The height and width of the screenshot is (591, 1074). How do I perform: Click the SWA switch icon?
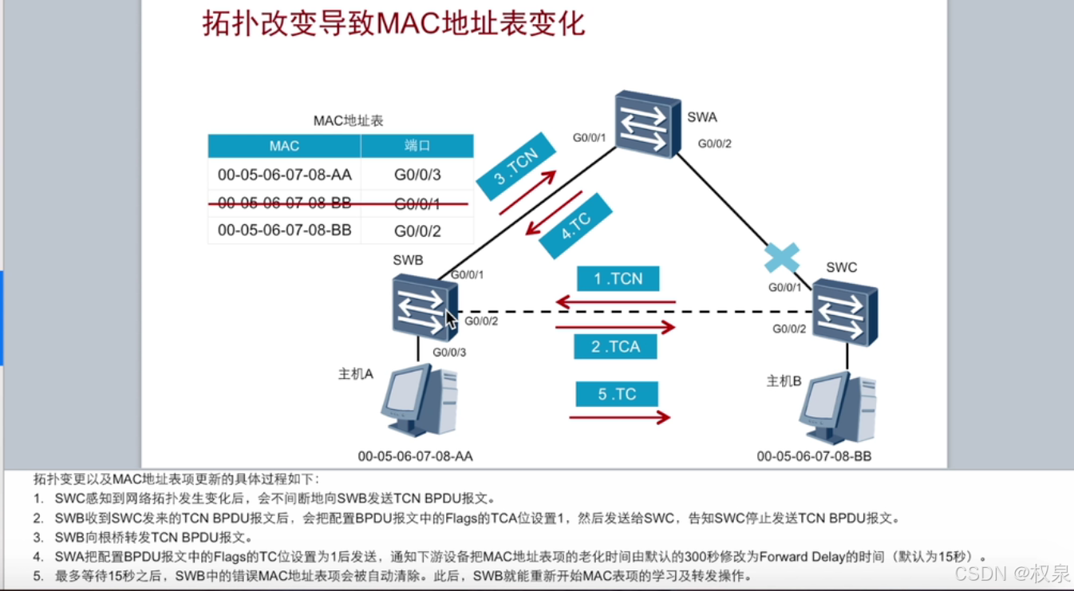point(647,124)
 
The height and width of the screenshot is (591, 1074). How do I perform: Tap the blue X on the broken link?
point(781,258)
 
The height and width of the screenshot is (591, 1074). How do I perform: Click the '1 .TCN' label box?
point(618,278)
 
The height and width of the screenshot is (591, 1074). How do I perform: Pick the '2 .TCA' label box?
point(616,346)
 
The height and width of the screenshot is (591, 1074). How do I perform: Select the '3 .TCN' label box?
point(515,167)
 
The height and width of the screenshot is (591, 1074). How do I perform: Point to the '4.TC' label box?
point(575,226)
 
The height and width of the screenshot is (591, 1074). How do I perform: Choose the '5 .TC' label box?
point(617,394)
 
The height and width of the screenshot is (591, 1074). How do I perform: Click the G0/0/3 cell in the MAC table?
point(417,175)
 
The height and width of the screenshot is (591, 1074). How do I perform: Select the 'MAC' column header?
point(284,146)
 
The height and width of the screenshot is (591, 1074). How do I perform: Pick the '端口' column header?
point(417,146)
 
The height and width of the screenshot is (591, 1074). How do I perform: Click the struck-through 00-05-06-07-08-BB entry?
point(284,203)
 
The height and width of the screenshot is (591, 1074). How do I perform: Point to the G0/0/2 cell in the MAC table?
point(417,231)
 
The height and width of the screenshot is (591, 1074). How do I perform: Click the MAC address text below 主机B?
point(814,456)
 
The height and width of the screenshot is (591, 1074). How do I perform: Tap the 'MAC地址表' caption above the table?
point(348,121)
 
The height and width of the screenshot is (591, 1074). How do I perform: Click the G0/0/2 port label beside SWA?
point(714,144)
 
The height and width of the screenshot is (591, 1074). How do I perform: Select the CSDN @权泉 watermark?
point(1012,573)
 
